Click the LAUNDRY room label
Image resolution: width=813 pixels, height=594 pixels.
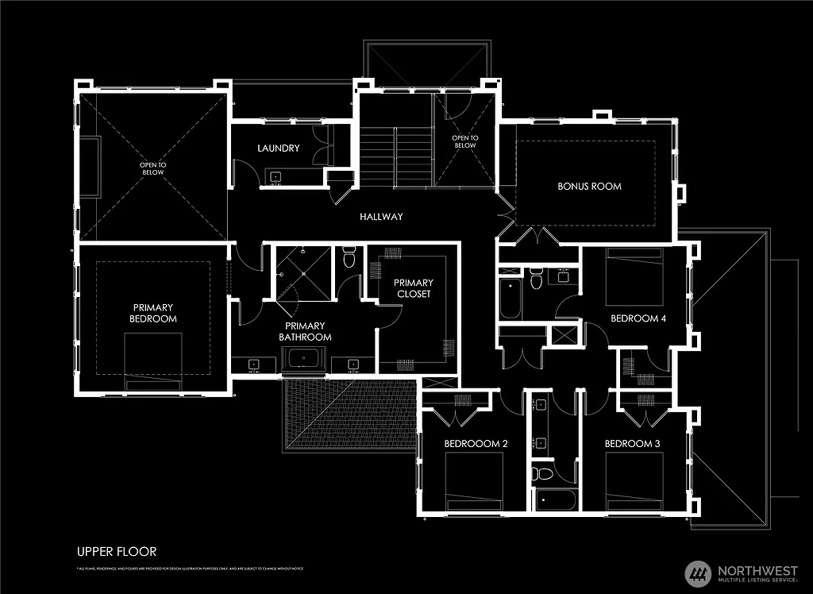click(x=278, y=148)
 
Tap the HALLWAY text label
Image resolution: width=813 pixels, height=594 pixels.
click(x=381, y=217)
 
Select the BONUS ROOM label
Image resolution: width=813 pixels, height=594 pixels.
click(x=589, y=187)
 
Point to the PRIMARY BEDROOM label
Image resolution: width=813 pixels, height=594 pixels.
click(x=154, y=313)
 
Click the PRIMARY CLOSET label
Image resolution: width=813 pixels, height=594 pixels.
click(x=413, y=288)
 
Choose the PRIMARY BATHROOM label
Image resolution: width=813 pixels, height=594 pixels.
click(x=305, y=331)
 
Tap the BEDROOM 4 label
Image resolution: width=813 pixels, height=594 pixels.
click(x=638, y=318)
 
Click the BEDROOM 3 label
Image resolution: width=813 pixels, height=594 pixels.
click(x=632, y=443)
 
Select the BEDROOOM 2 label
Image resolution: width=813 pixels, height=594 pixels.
click(x=475, y=443)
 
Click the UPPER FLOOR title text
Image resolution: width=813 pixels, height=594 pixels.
click(x=117, y=551)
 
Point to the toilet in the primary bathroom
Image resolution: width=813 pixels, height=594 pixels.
click(x=348, y=259)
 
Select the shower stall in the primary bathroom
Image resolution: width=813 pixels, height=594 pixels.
click(x=302, y=272)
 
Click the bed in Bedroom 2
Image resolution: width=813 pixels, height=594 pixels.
click(x=473, y=485)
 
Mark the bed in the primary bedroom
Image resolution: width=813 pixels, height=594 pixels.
click(x=152, y=361)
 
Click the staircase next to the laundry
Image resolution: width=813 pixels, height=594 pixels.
click(x=395, y=156)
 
